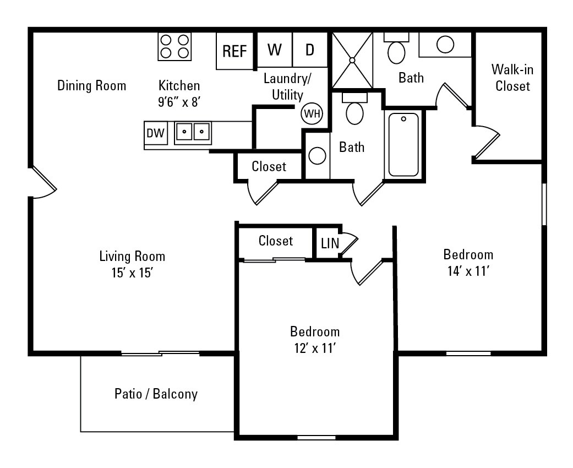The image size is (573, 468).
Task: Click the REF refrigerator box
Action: pos(234,51)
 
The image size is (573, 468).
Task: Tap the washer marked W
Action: pos(275,50)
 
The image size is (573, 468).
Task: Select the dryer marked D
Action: pos(310,50)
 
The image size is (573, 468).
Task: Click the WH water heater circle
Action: pos(312,114)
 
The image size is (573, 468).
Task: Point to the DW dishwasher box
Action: pos(155,133)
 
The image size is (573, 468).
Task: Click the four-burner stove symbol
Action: pos(174,46)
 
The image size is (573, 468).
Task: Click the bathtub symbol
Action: pos(403,144)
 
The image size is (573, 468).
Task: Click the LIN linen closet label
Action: pos(330,243)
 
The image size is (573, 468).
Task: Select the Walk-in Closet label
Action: pos(512,78)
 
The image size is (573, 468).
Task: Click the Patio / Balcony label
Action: pos(156,394)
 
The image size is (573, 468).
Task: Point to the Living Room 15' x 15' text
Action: pos(132,264)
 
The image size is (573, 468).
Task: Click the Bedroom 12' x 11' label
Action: pos(315,340)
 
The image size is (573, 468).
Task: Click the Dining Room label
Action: pos(92,86)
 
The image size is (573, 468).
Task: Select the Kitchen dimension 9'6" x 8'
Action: pos(179,101)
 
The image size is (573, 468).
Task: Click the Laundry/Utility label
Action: pos(287,86)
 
